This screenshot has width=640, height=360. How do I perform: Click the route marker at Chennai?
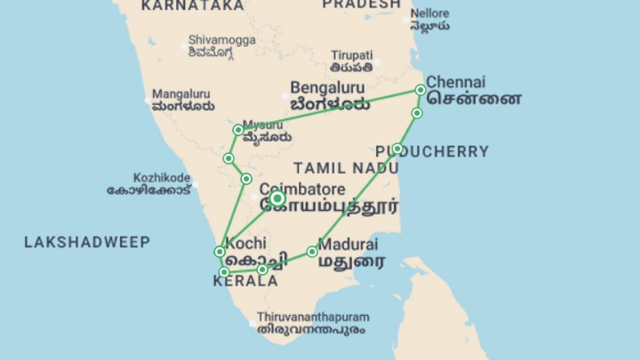click(420, 90)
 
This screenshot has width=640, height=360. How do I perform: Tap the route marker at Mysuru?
click(238, 130)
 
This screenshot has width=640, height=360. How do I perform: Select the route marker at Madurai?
click(312, 252)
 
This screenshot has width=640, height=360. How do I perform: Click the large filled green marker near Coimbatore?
click(277, 199)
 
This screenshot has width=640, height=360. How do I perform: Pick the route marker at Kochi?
click(220, 252)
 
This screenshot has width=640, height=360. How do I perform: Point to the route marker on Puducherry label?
click(397, 148)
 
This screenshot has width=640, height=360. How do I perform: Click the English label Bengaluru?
click(327, 88)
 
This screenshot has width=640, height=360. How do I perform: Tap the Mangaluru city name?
click(181, 94)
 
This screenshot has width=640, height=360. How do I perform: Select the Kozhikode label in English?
click(162, 178)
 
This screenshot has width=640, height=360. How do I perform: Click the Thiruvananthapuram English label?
click(313, 317)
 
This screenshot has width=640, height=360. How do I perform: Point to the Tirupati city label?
click(352, 55)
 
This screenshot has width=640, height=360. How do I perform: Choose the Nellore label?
click(430, 14)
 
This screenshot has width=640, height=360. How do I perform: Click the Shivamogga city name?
click(222, 40)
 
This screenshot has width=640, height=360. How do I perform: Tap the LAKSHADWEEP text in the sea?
click(87, 242)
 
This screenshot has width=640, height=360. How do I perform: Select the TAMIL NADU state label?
click(346, 168)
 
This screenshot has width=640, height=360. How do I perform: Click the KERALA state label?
click(245, 281)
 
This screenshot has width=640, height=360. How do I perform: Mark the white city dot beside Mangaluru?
click(148, 100)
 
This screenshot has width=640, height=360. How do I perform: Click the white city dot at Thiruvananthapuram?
click(252, 323)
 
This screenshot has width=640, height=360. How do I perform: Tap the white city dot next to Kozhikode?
click(195, 184)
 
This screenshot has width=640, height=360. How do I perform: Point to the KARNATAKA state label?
click(193, 5)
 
